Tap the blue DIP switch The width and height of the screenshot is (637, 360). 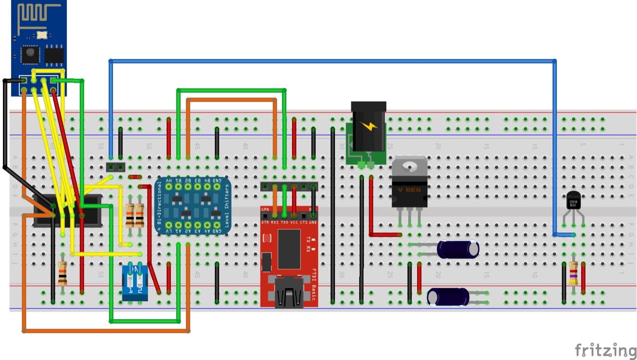click(x=135, y=282)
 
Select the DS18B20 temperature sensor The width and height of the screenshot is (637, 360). click(x=574, y=202)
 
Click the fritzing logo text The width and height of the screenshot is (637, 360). click(x=605, y=350)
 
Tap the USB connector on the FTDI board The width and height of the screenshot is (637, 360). click(x=289, y=297)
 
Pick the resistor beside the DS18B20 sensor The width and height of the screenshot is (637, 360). click(x=573, y=273)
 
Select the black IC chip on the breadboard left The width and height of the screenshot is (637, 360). click(x=67, y=210)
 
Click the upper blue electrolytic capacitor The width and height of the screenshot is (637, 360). click(x=458, y=249)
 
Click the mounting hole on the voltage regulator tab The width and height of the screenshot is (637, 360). click(x=409, y=166)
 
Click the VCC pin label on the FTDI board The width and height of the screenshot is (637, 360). click(x=294, y=222)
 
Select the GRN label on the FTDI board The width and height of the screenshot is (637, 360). click(x=265, y=210)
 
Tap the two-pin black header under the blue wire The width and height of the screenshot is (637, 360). click(x=115, y=166)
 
